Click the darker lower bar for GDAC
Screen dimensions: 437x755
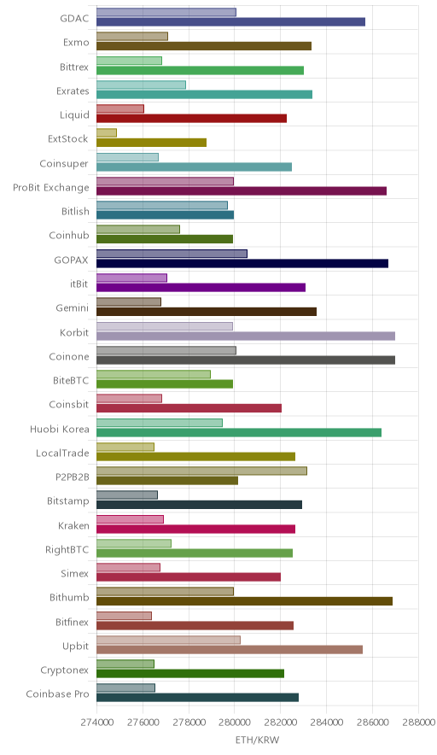(230, 21)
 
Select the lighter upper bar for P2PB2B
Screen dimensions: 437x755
(201, 471)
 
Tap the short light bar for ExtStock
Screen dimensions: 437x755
(107, 133)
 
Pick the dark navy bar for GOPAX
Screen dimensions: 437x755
(242, 263)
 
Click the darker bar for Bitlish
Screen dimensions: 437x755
(165, 214)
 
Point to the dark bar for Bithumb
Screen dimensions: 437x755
(244, 601)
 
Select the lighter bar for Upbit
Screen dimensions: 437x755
(168, 640)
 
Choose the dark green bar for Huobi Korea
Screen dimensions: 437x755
(239, 432)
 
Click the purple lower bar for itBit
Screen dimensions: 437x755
(201, 288)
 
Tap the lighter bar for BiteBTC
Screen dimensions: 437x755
(154, 374)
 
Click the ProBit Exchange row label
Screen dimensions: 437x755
(51, 188)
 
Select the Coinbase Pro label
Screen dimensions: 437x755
(57, 694)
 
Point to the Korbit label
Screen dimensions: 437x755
(74, 332)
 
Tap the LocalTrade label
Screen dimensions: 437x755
(62, 454)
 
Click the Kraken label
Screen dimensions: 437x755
(73, 525)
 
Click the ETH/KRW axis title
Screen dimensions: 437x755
(257, 740)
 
